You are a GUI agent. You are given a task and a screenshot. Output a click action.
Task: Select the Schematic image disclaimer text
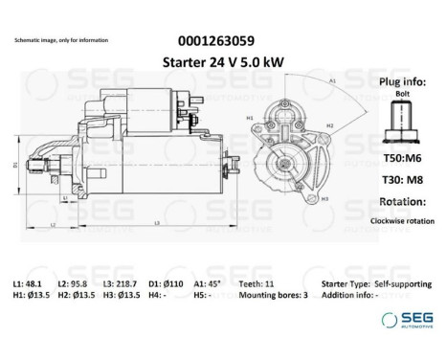tap(61, 40)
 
